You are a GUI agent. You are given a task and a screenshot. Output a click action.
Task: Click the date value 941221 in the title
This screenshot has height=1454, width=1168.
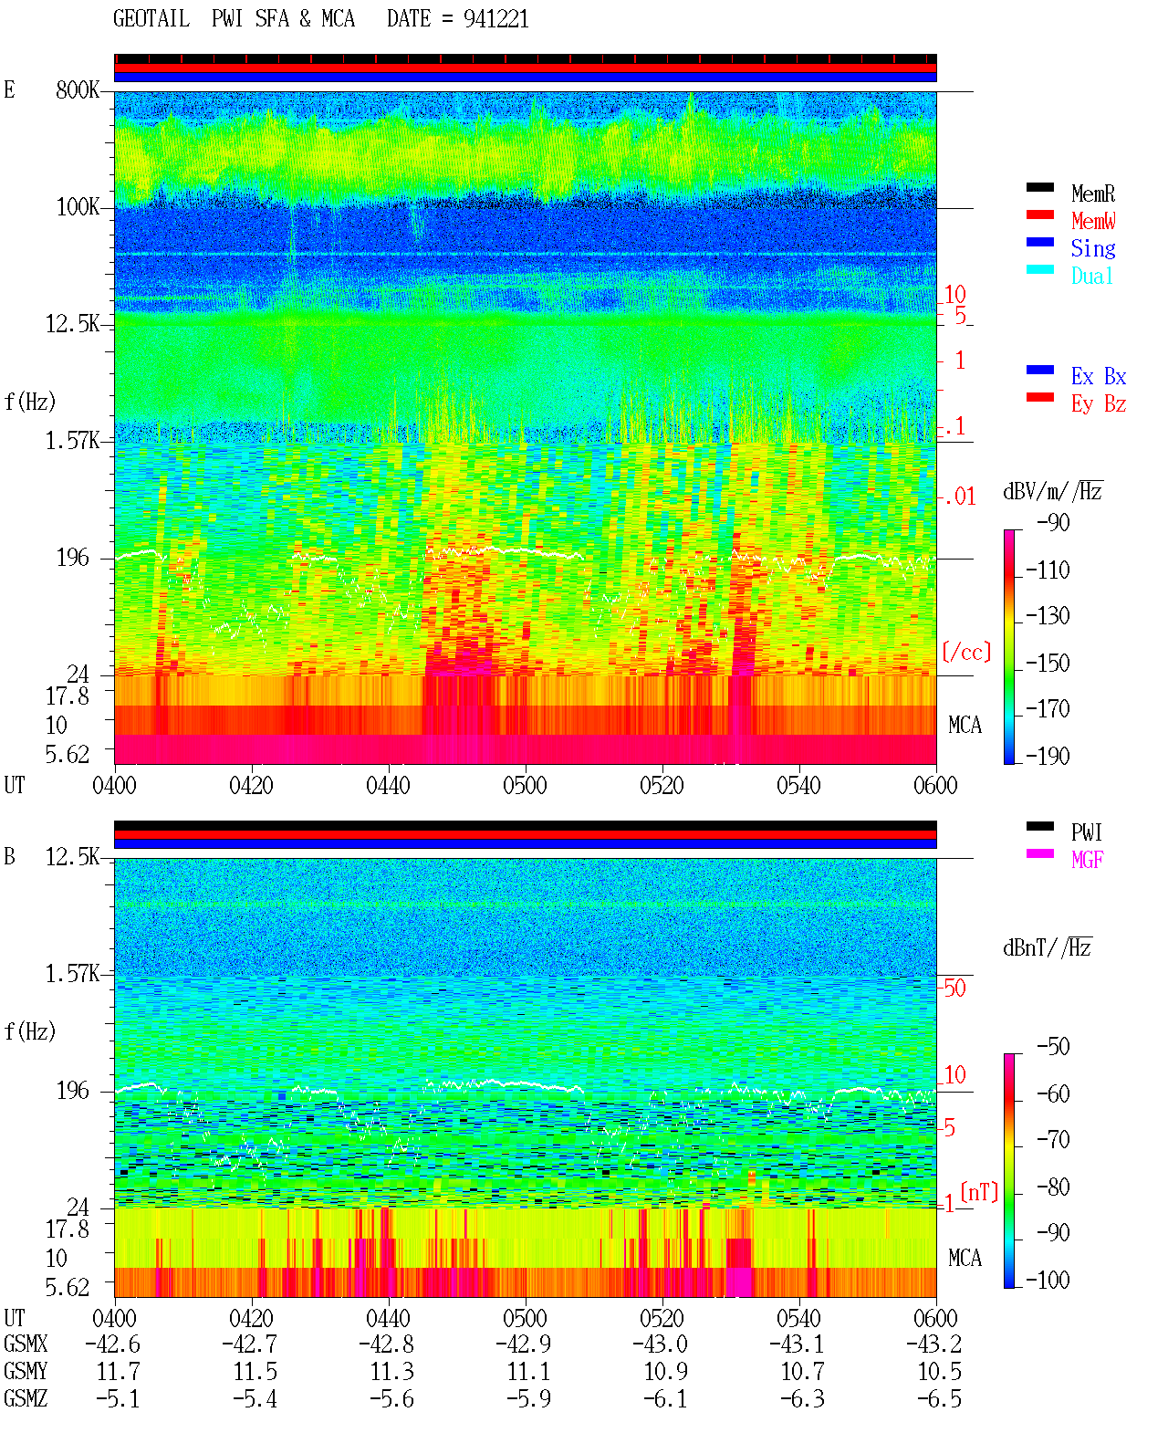point(495,19)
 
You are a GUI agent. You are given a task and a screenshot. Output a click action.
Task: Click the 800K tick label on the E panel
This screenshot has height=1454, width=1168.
point(78,89)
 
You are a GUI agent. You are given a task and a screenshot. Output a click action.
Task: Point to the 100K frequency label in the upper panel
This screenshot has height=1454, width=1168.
point(78,207)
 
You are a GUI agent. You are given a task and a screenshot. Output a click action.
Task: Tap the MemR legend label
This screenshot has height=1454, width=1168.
point(1092,194)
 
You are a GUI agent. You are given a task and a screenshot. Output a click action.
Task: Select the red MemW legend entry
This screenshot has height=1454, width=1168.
point(1092,221)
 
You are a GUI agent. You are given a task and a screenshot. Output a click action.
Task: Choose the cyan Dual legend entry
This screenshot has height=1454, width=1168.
point(1091,276)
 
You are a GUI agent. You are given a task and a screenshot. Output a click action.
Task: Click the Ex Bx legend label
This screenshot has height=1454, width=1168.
point(1098,376)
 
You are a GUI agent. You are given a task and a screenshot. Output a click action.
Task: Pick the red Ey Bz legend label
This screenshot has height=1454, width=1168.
point(1098,404)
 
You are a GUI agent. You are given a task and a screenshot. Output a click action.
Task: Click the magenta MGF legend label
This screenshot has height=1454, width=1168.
point(1087,860)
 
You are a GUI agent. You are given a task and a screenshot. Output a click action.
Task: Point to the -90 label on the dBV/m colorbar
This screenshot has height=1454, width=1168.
point(1053,522)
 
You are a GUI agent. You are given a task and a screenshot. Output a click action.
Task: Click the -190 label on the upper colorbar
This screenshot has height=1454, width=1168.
point(1048,756)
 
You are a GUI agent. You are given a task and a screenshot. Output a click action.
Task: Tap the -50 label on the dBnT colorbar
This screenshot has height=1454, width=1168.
point(1053,1047)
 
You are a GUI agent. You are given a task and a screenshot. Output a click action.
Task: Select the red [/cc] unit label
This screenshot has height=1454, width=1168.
point(966,652)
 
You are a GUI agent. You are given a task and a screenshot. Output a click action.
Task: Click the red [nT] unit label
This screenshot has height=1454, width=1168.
point(979,1193)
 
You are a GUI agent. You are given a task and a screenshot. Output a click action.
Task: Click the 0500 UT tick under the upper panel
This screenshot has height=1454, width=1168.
point(525,786)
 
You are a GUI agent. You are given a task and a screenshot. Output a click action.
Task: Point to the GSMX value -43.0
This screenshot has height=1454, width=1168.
point(660,1344)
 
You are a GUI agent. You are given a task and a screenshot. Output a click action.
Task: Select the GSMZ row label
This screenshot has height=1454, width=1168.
point(26,1398)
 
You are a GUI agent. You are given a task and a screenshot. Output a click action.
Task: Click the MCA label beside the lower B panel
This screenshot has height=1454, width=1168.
point(965,1258)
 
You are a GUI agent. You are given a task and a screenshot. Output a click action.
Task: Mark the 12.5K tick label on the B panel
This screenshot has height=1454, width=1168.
point(72,857)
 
